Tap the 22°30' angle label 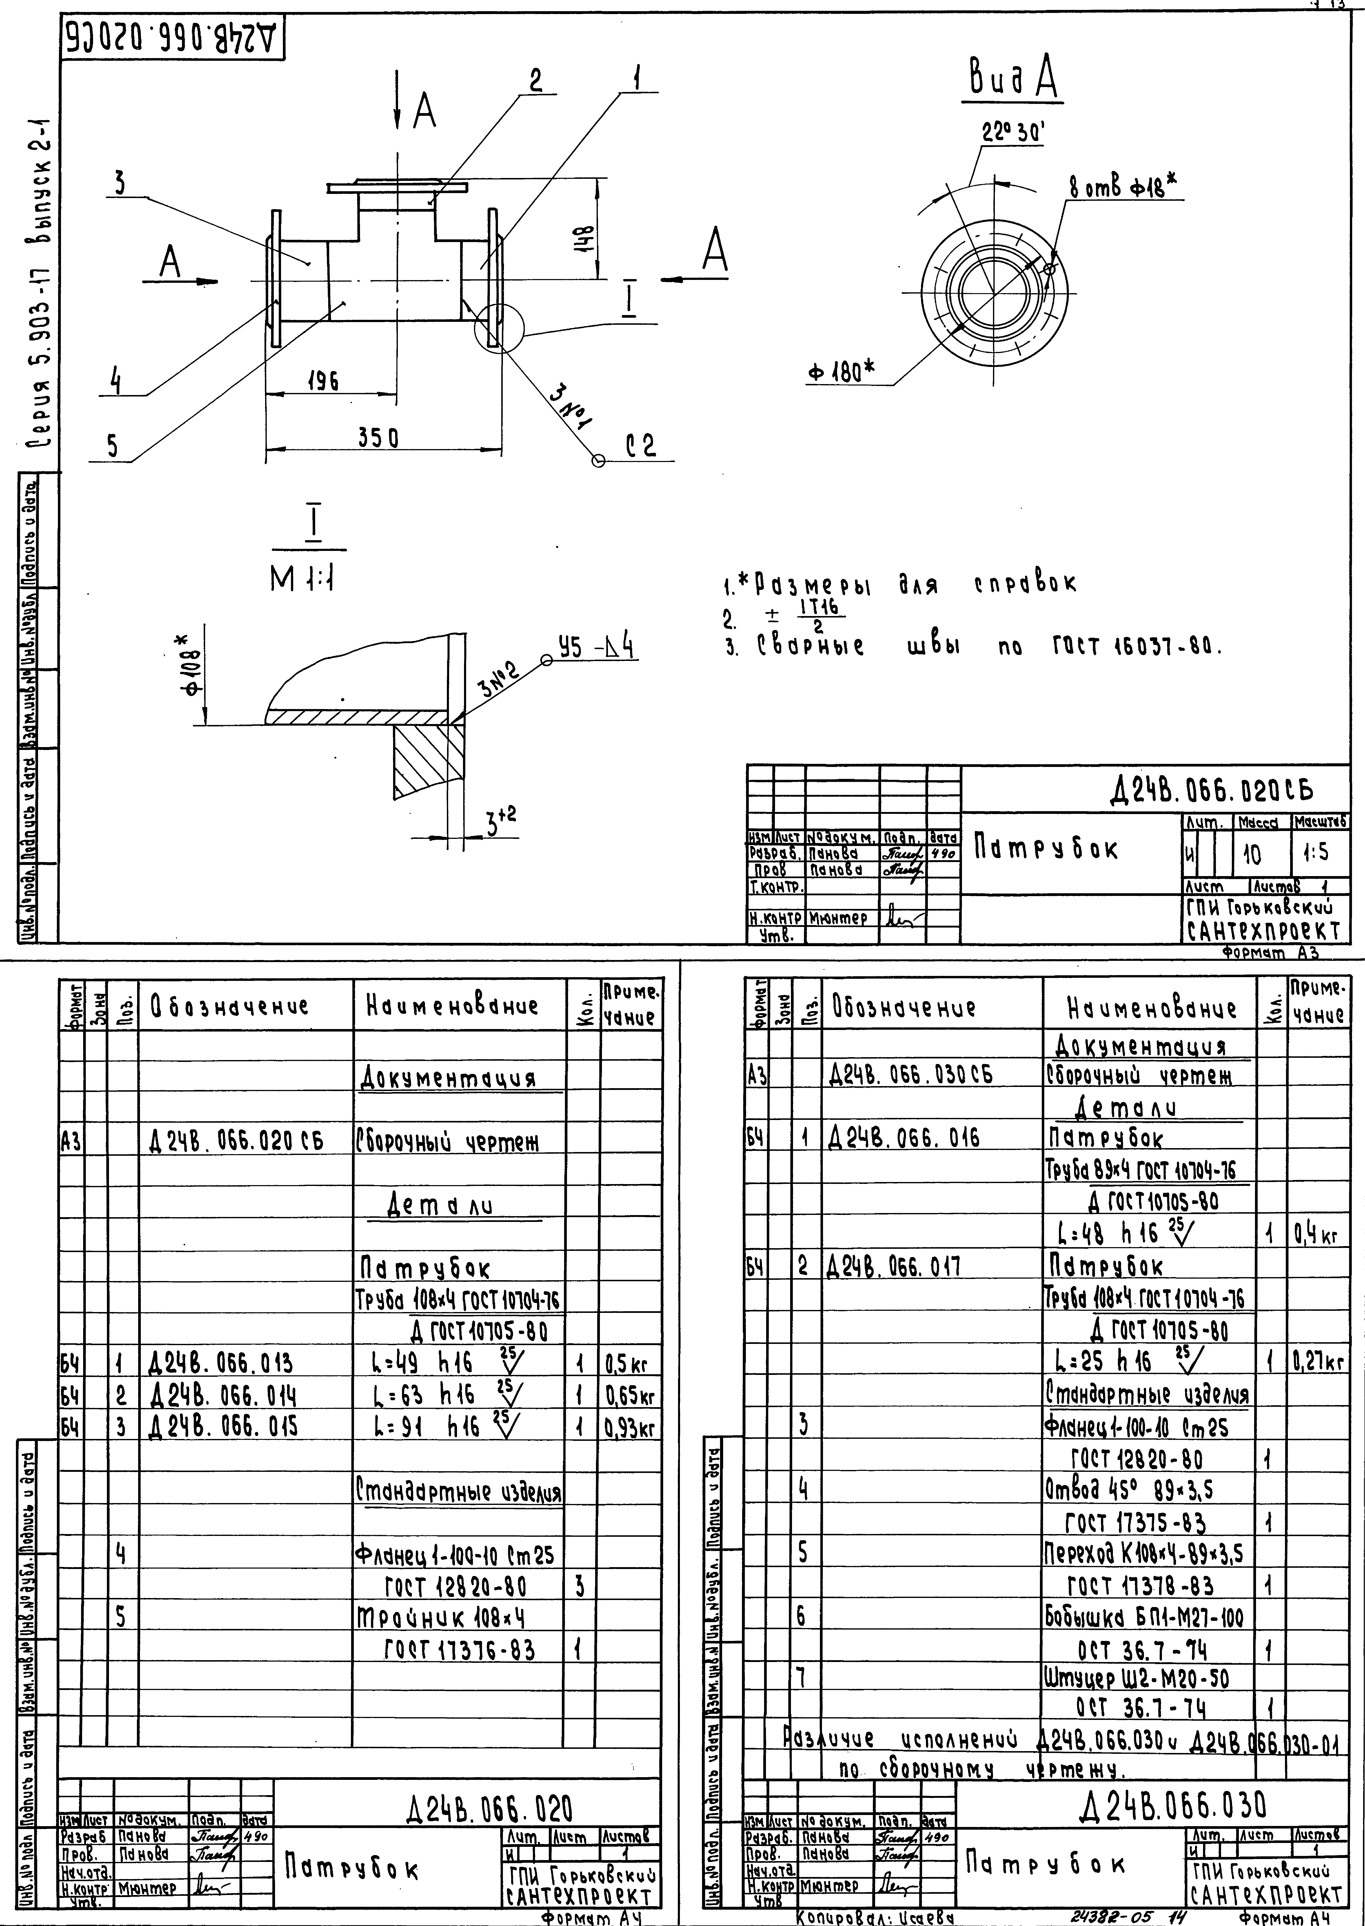pos(1013,133)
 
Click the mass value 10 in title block pos(1251,855)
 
